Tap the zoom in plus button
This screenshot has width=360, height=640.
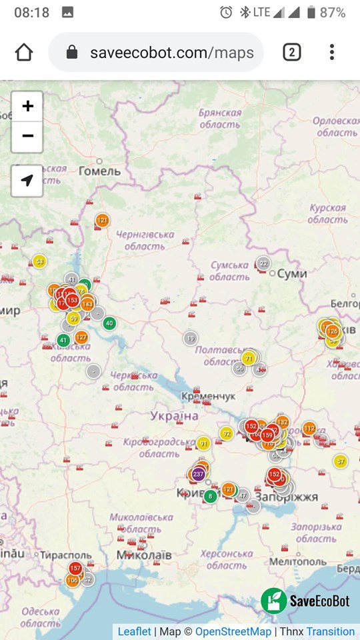tap(27, 107)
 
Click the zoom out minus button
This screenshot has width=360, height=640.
tap(27, 137)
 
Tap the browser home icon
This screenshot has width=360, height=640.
tap(24, 52)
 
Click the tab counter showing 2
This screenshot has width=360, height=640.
tap(291, 52)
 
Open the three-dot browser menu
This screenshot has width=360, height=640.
tap(332, 52)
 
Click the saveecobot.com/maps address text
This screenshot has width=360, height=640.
tap(172, 53)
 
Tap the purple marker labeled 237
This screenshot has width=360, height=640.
tap(198, 474)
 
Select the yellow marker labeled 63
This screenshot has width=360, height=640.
tap(40, 261)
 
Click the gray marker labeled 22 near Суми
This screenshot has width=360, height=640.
tap(264, 264)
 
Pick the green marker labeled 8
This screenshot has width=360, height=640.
tap(211, 496)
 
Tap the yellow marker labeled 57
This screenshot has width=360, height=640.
tap(341, 461)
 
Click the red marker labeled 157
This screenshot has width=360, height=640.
tap(75, 568)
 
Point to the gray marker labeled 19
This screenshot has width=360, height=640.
tap(191, 339)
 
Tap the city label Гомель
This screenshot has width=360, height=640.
tap(100, 171)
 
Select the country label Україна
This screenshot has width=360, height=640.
tap(174, 416)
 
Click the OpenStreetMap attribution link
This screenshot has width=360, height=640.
tap(233, 631)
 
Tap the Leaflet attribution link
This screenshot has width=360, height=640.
tap(135, 631)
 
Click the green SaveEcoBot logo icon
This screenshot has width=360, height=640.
tap(274, 601)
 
